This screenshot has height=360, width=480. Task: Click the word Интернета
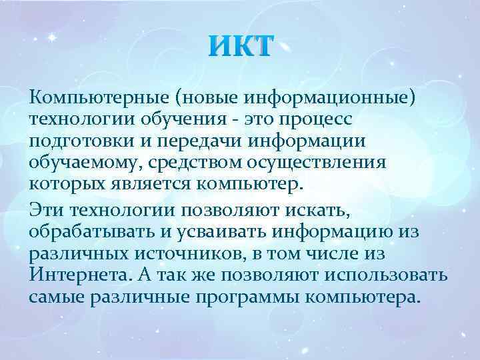click(76, 275)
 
